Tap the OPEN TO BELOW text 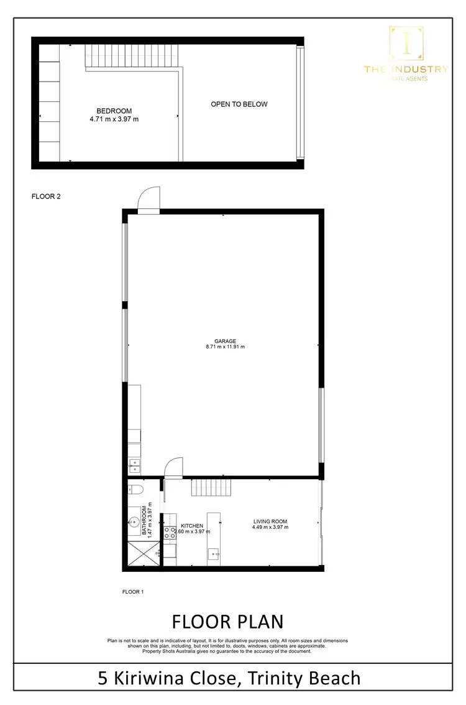point(239,105)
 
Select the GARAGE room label point(225,341)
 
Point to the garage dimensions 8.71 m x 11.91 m point(225,347)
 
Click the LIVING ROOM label point(270,521)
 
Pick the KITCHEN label point(192,526)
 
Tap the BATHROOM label point(144,520)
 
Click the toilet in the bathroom point(137,490)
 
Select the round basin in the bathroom point(134,521)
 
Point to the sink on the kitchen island point(214,553)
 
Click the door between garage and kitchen point(174,468)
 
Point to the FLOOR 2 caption point(46,196)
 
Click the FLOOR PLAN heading point(227,622)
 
